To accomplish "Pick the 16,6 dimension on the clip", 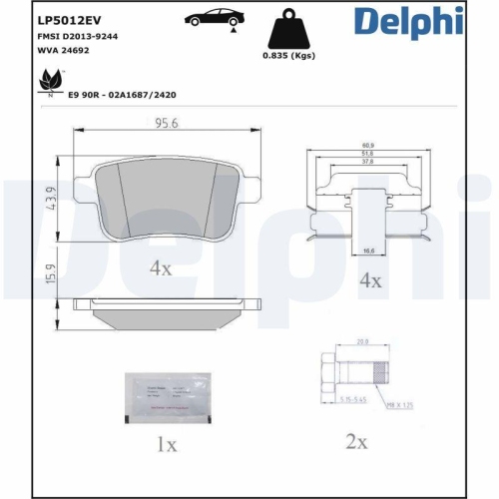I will [370, 249].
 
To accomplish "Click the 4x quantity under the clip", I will [370, 280].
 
